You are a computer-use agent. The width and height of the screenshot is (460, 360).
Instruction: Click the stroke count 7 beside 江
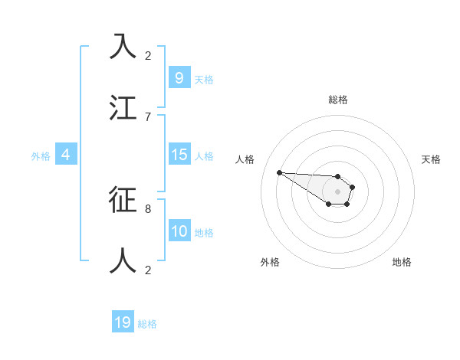148,116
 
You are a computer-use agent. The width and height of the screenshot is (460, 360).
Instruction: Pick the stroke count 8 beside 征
148,208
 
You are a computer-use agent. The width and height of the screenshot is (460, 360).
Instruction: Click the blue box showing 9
179,77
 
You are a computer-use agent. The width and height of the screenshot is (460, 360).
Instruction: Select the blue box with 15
179,155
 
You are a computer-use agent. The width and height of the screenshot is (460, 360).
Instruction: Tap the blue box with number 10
179,231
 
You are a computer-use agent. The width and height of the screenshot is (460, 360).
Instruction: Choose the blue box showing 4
66,155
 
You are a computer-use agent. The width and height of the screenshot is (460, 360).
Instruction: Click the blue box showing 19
123,322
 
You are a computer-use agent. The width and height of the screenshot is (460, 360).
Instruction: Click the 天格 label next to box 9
204,79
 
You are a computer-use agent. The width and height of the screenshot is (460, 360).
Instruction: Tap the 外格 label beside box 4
41,156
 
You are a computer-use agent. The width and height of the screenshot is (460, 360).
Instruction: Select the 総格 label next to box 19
147,324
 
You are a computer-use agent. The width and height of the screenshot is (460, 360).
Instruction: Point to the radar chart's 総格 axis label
338,100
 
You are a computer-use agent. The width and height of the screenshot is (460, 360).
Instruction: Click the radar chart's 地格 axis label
402,262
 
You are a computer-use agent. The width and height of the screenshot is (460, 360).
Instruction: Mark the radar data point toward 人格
279,172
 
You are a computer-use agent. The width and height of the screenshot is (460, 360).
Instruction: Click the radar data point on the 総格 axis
338,174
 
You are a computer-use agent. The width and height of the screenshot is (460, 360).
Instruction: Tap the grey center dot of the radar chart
338,191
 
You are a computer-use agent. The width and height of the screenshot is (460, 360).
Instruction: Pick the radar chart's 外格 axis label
270,262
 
